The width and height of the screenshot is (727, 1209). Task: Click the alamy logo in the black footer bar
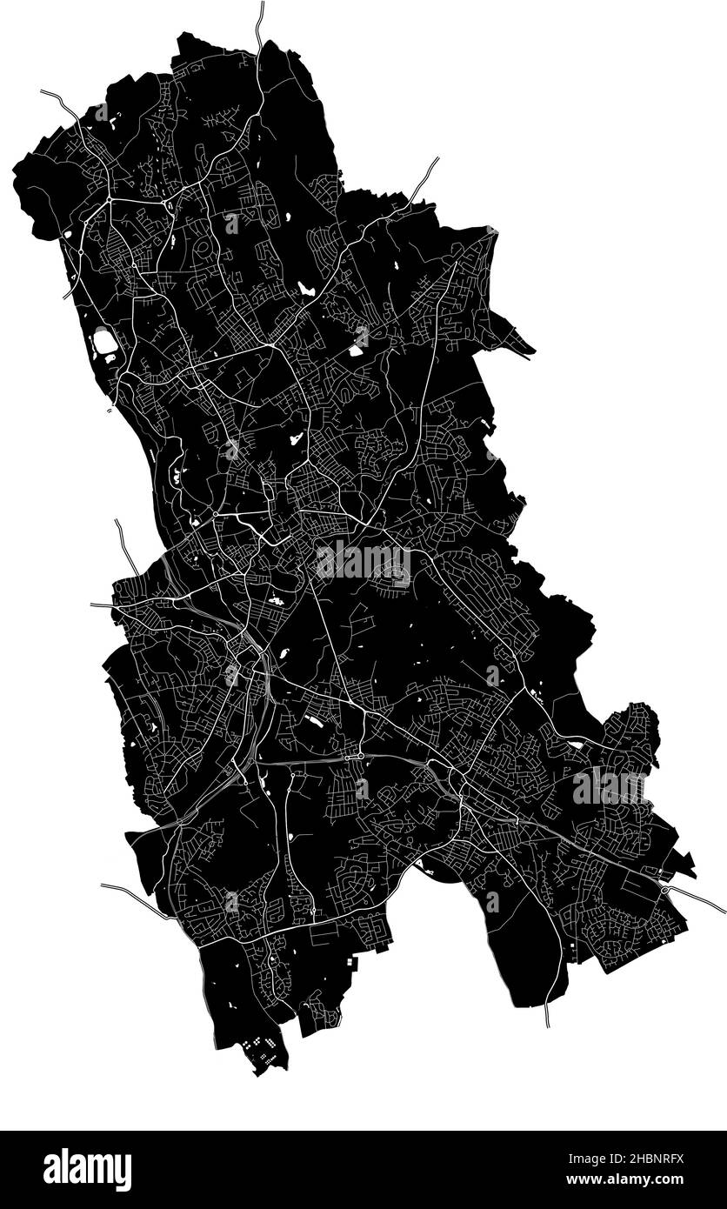[87, 1169]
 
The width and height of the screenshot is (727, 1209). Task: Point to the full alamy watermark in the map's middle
[363, 561]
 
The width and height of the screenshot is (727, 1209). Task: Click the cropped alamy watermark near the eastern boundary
[609, 787]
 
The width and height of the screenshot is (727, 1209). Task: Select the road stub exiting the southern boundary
[547, 1016]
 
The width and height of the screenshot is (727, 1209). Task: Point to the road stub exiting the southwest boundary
[122, 892]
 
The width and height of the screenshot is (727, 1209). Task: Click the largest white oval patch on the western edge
[104, 342]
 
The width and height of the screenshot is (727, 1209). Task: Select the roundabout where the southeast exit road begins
[665, 890]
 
